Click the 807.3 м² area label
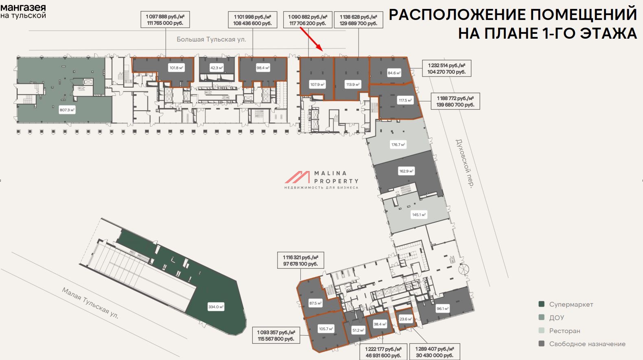point(67,110)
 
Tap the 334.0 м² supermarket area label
point(216,307)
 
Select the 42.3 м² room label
point(217,68)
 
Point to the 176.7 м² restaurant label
point(398,145)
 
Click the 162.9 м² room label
point(406,171)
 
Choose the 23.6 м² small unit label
point(406,319)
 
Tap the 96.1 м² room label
point(443,309)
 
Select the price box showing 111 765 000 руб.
point(165,20)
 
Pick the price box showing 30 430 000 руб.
point(435,352)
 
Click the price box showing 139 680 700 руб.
point(455,101)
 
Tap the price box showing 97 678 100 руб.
point(301,260)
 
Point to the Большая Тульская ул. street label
point(211,40)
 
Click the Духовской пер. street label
point(464,163)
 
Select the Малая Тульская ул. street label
point(90,303)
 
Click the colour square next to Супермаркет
point(541,304)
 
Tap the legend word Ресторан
point(564,331)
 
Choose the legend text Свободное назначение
point(587,344)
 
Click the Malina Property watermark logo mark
point(297,177)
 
